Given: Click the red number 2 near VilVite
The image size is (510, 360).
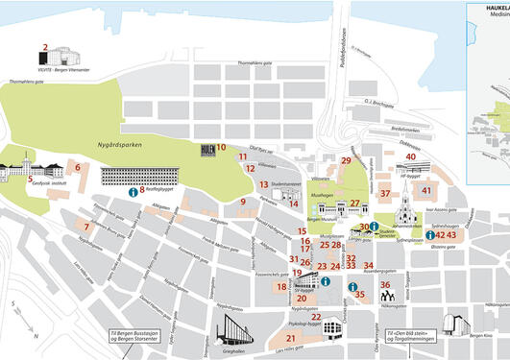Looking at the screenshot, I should [44, 46].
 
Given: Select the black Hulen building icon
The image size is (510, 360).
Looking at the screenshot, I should [206, 149].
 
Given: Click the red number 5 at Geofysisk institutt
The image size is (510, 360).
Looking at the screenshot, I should [31, 179].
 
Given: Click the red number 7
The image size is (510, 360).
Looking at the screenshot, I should [86, 227].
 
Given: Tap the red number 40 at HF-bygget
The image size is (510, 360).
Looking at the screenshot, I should [410, 156].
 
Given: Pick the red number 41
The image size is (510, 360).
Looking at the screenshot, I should [426, 190].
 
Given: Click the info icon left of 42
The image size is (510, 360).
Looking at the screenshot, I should [429, 234].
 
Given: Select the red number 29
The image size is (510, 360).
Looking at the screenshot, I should [346, 160].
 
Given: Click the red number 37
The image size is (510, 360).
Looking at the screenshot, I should [384, 193].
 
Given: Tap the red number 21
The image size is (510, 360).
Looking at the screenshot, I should [290, 338].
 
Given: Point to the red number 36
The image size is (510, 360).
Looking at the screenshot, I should [384, 284].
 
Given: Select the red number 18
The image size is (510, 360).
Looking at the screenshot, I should [281, 286].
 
